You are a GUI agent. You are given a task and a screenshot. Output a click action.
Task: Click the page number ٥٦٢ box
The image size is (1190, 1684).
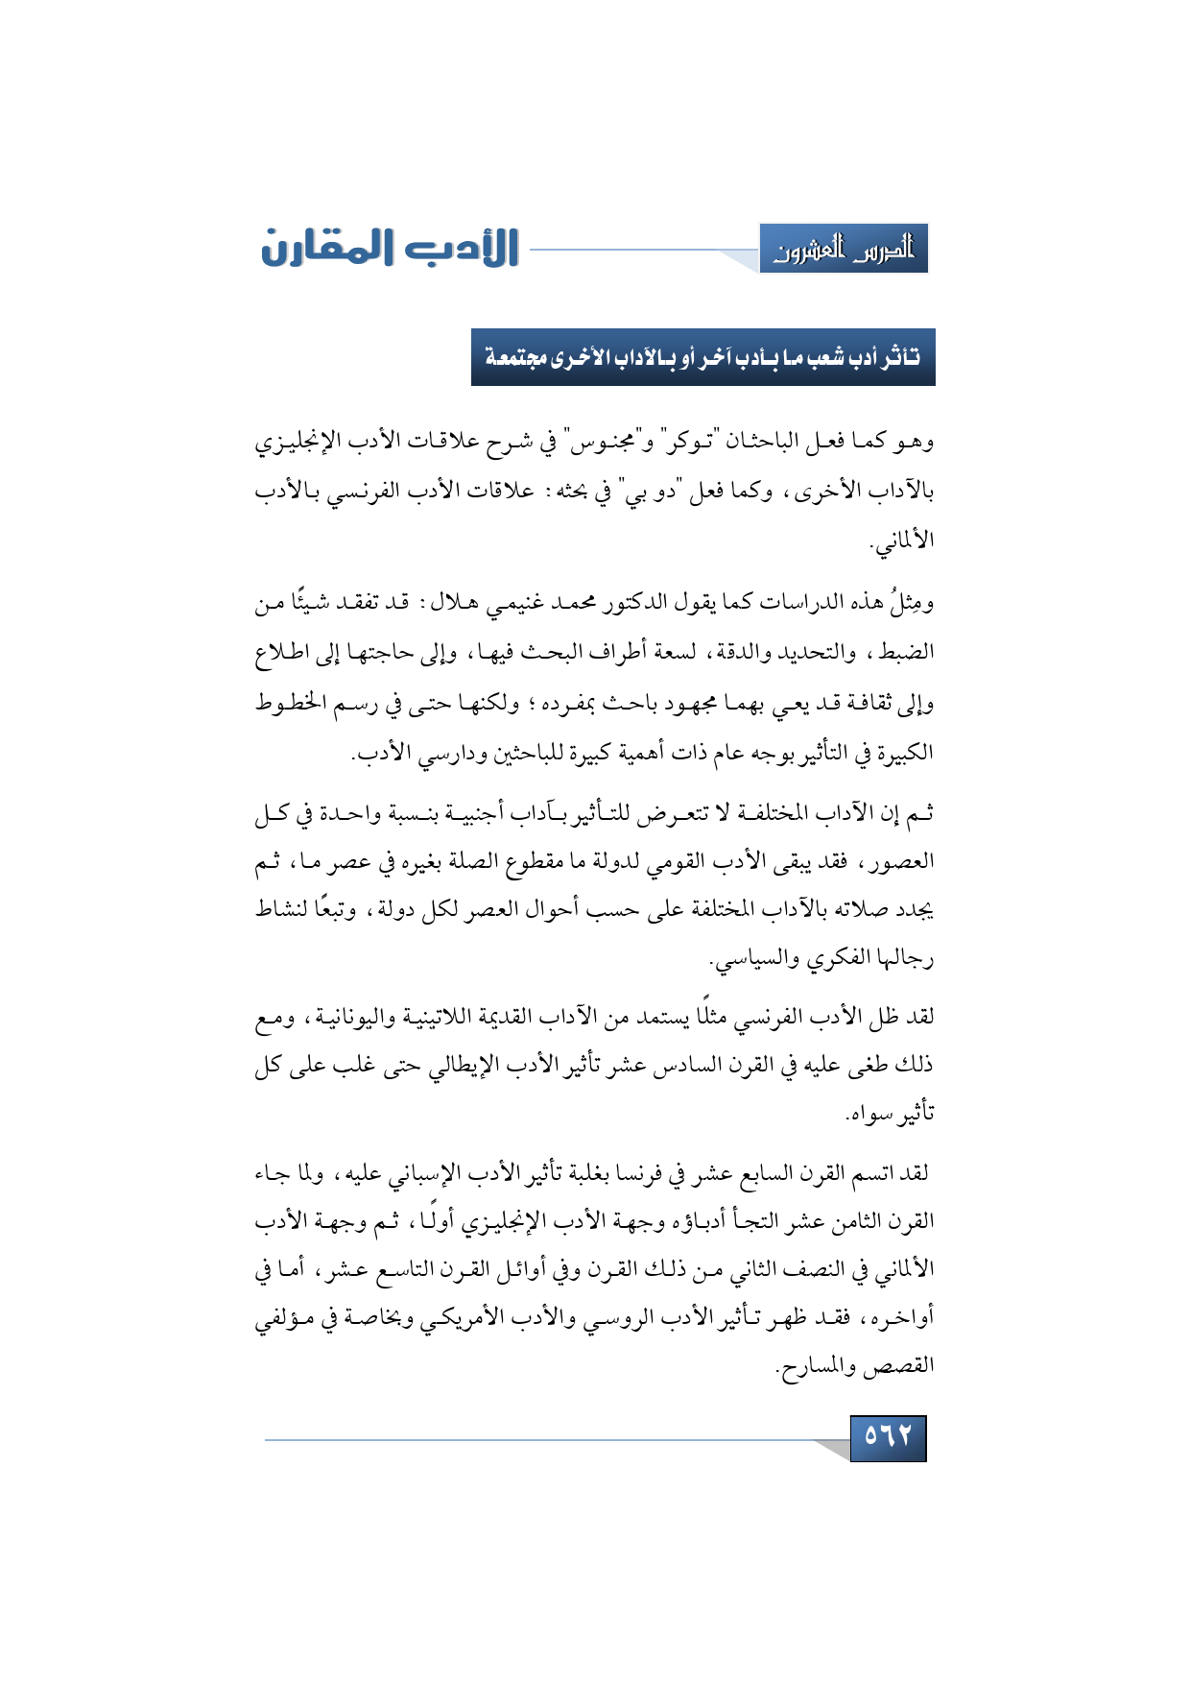click(888, 1437)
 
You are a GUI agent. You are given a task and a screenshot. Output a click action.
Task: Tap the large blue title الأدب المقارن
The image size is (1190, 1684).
click(390, 248)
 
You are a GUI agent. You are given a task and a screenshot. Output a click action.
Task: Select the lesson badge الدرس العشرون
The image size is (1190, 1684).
click(844, 250)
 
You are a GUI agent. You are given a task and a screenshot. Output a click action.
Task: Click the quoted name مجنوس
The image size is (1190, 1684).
click(601, 442)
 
